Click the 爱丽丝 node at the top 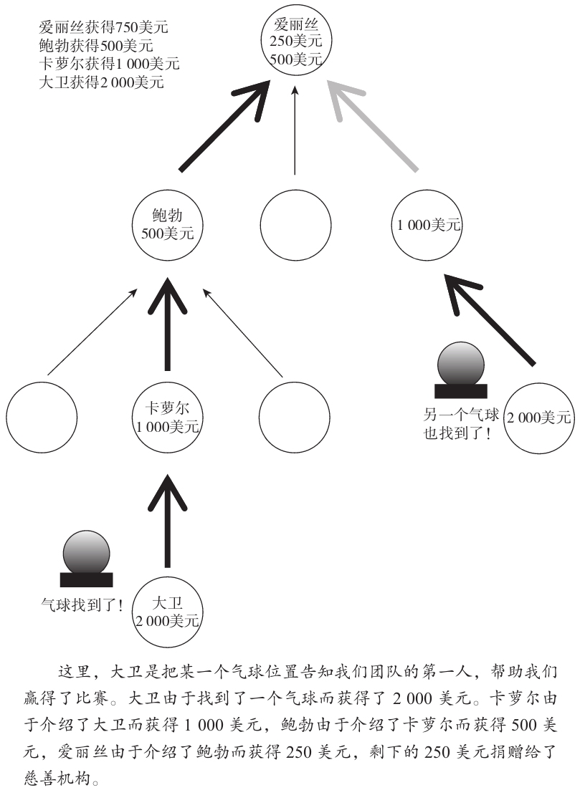[295, 42]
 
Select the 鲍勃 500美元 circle [168, 223]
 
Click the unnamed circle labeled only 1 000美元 [428, 225]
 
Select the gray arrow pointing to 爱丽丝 [373, 126]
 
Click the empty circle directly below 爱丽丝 [295, 225]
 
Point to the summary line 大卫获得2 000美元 [102, 82]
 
